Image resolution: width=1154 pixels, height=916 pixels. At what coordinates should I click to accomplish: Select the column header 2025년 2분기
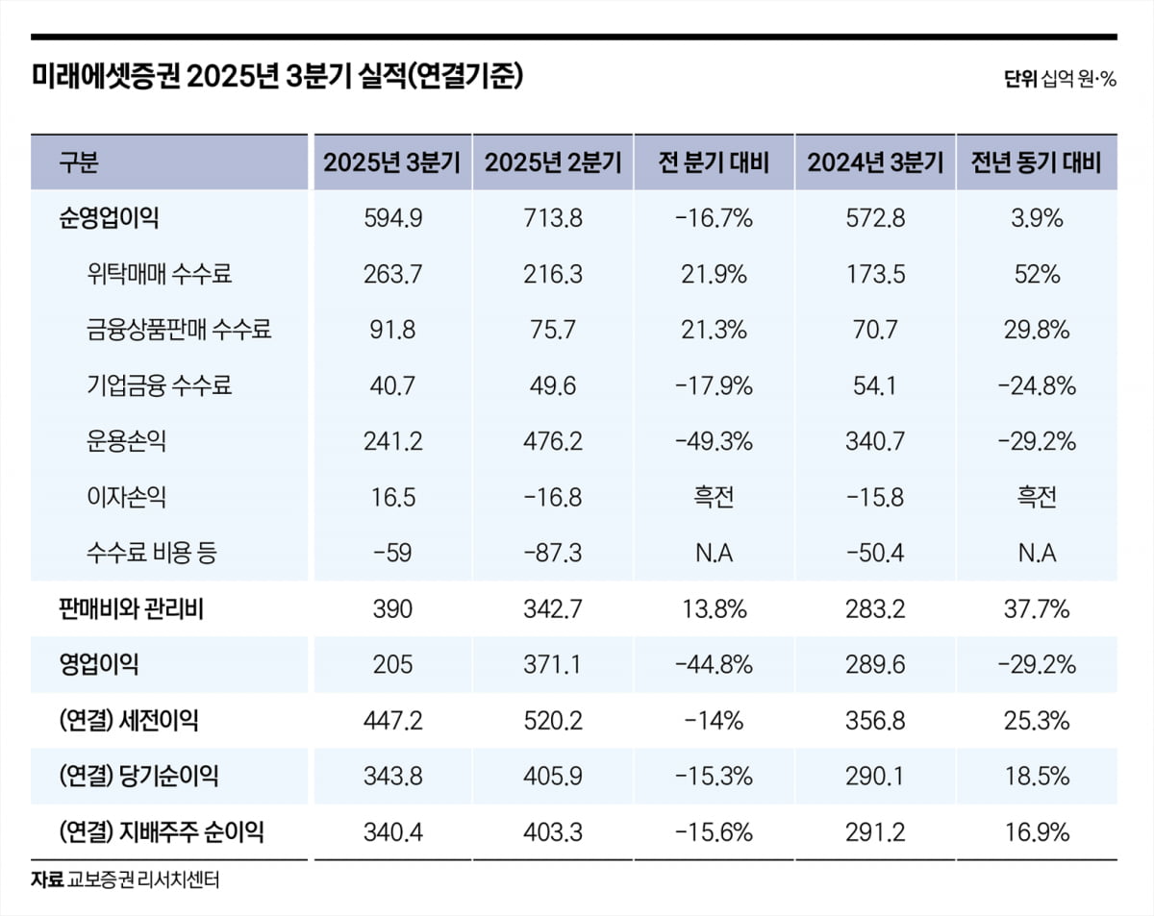coord(553,162)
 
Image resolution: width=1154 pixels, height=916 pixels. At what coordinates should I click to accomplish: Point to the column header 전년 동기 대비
coord(1037,162)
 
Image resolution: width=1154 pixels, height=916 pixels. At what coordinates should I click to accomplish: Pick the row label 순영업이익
coord(109,218)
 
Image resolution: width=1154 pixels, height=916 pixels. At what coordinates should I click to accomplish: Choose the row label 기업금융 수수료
coord(159,385)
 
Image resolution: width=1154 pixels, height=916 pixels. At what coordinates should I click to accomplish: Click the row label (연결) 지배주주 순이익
coord(161,831)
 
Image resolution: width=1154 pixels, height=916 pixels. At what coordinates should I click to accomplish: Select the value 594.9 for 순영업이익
coord(392,218)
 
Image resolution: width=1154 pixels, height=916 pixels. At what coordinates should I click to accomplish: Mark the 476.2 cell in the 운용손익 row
coord(553,441)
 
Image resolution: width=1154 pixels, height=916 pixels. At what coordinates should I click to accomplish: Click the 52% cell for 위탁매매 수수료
coord(1037,274)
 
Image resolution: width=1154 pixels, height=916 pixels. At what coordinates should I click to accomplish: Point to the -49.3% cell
coord(714,441)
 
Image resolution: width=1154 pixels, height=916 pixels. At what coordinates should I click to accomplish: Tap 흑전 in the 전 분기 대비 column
coord(714,497)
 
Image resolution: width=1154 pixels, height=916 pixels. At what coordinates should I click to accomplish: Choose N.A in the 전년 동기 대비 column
coord(1037,553)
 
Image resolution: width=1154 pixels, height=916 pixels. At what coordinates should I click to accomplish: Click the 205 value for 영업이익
coord(392,664)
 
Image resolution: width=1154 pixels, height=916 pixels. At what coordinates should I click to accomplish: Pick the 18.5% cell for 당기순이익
coord(1037,776)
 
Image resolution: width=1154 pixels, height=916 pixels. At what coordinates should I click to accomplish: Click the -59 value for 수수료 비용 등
coord(392,553)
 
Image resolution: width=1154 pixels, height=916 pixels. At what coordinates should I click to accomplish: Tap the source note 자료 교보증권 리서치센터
coord(125,879)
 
